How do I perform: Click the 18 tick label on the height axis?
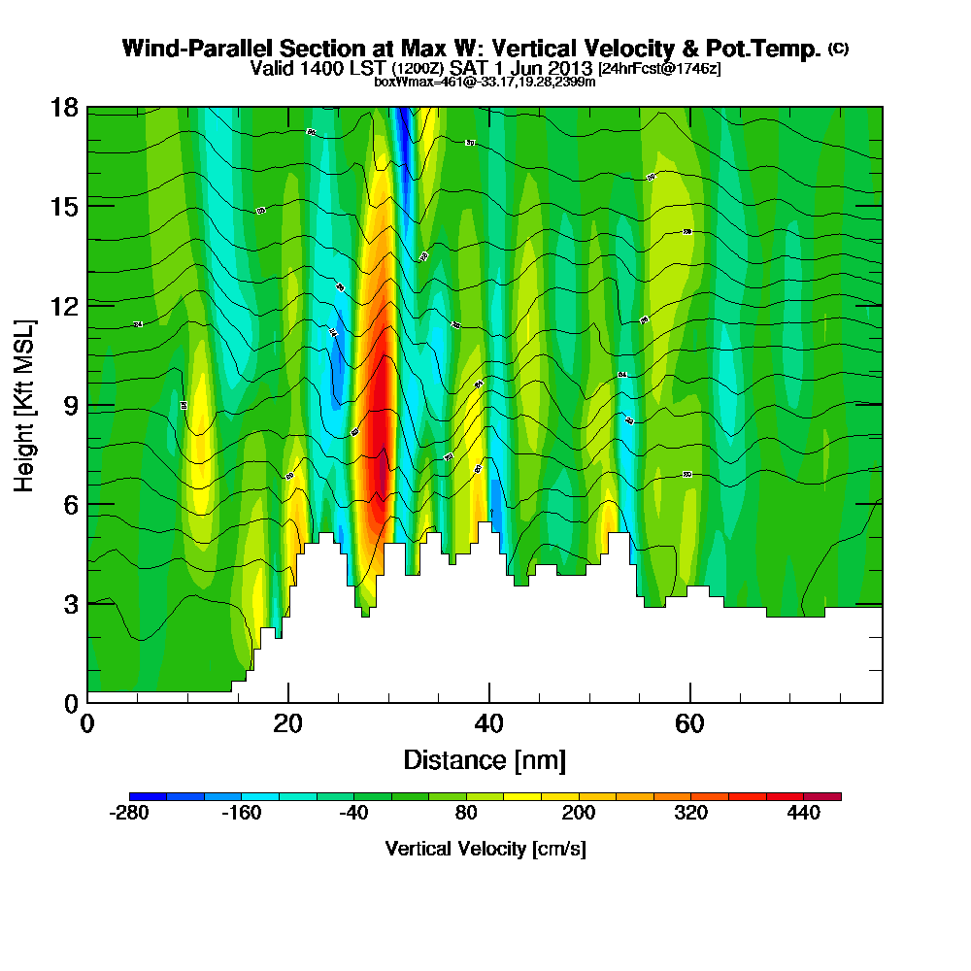(64, 107)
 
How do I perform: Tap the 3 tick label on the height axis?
(70, 603)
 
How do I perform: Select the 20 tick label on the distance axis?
(287, 723)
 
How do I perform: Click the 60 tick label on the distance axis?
(689, 723)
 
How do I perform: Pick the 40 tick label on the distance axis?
(488, 723)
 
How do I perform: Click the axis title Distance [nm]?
(485, 758)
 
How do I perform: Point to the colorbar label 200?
(579, 814)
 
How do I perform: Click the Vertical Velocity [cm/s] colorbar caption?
(485, 849)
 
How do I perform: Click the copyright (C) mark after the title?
(838, 49)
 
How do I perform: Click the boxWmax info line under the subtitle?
(485, 82)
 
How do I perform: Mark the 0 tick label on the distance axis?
(87, 723)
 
